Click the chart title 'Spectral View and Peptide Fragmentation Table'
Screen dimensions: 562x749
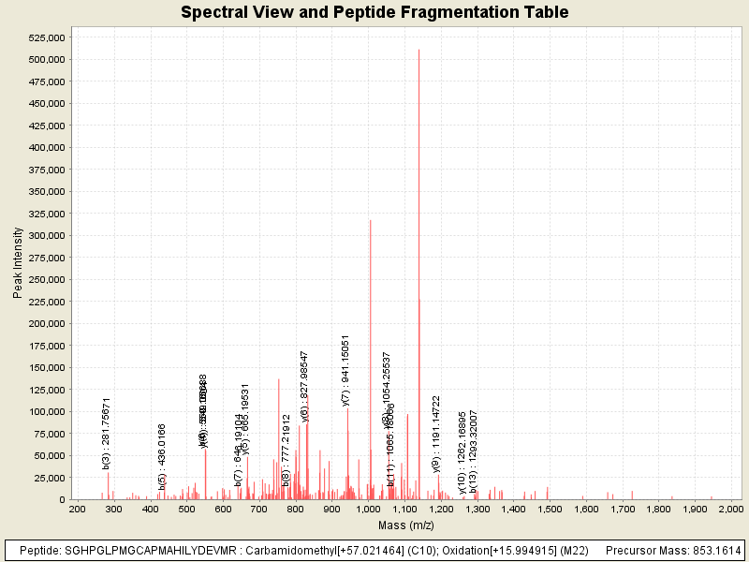click(374, 12)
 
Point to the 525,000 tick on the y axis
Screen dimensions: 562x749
click(45, 37)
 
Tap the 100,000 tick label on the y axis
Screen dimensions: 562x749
click(45, 412)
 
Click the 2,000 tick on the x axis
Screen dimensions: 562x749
click(729, 509)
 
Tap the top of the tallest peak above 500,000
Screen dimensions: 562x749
click(419, 51)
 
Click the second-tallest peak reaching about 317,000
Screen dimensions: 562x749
click(371, 221)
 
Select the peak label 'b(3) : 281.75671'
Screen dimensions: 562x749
click(107, 433)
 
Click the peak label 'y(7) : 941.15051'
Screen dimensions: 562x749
click(345, 370)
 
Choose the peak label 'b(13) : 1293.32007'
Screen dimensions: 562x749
click(474, 451)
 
